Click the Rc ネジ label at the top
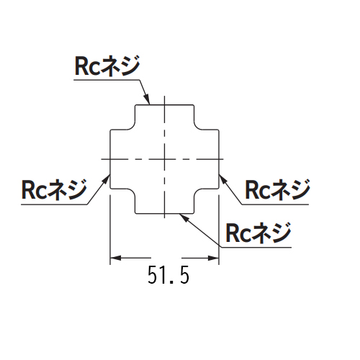(x=107, y=66)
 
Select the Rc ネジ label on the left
(x=54, y=190)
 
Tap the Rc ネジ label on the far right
(x=278, y=190)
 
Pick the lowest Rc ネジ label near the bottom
(x=258, y=233)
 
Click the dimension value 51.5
(x=168, y=275)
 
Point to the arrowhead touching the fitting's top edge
(x=147, y=99)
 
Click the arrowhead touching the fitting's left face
(x=107, y=179)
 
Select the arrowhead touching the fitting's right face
(x=223, y=179)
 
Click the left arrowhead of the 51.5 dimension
(x=115, y=258)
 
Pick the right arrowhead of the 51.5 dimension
(x=214, y=258)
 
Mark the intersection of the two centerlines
(x=164, y=159)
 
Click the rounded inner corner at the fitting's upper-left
(x=132, y=127)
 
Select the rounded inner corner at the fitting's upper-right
(x=197, y=127)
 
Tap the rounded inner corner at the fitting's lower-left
(x=132, y=192)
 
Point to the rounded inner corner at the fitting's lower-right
(x=197, y=192)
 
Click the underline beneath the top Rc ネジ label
(x=107, y=80)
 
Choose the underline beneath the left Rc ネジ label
(x=54, y=204)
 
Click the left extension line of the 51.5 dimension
(x=110, y=230)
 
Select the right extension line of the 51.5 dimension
(x=219, y=230)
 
